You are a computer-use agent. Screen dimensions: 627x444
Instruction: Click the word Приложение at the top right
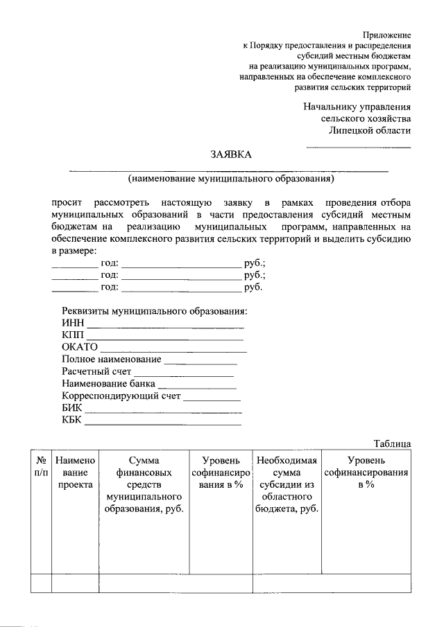[387, 34]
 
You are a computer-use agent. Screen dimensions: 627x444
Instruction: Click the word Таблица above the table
[392, 443]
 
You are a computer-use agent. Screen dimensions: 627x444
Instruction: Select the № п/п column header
[42, 466]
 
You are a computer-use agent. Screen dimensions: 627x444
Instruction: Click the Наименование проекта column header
[75, 473]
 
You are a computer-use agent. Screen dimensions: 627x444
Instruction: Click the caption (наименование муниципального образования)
[230, 179]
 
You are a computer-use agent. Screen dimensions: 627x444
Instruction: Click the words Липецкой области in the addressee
[369, 130]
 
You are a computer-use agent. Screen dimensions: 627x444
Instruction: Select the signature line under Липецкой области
[359, 147]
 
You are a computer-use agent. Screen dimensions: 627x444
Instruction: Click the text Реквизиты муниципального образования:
[154, 310]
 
